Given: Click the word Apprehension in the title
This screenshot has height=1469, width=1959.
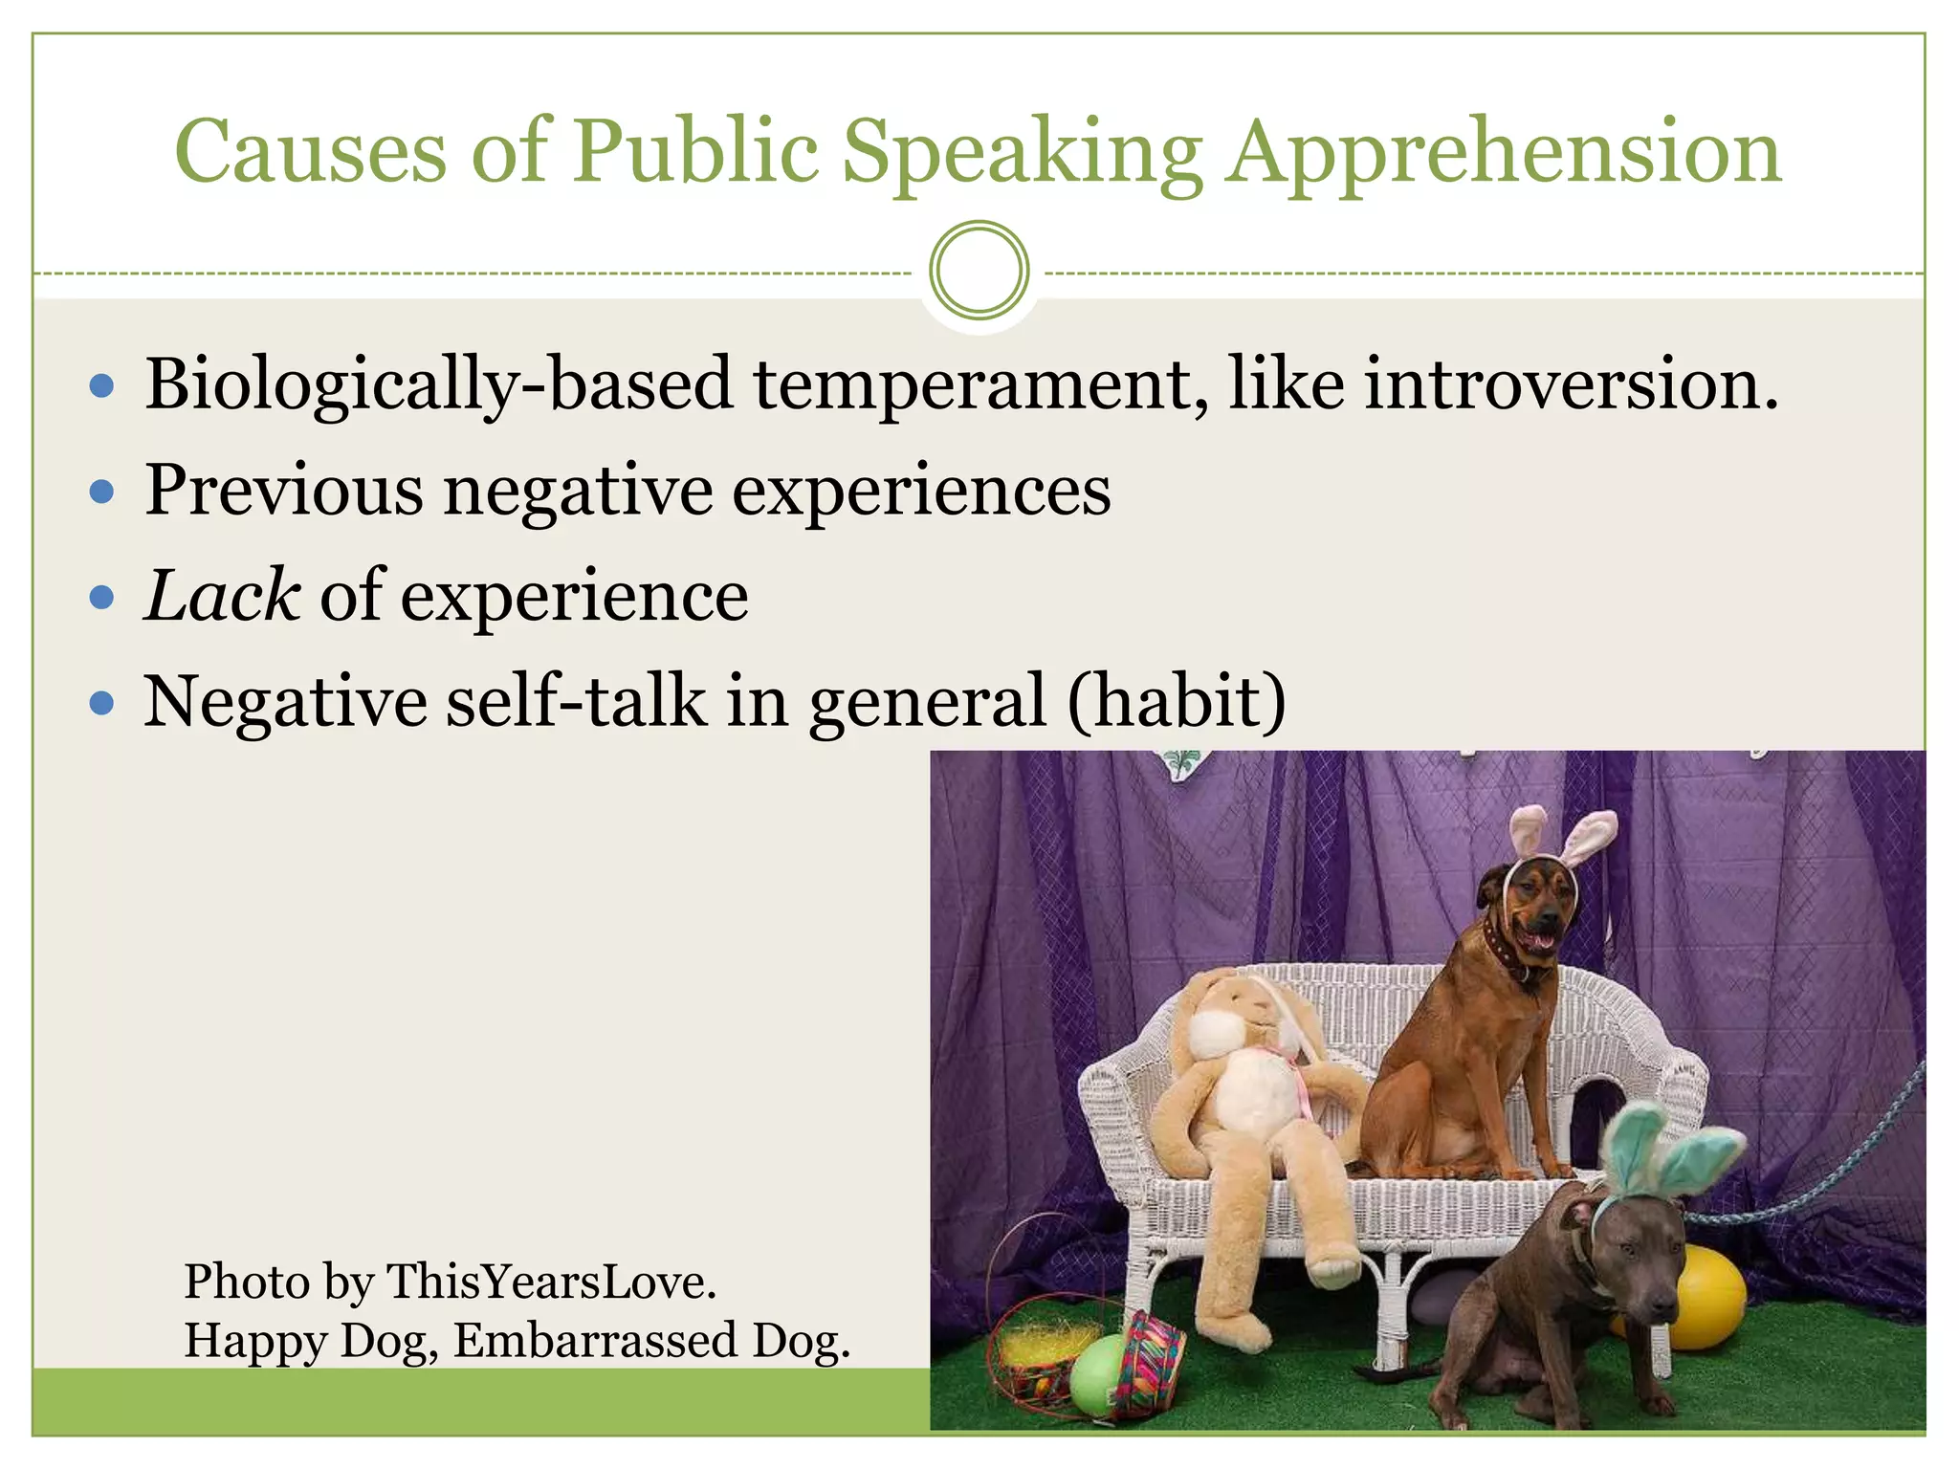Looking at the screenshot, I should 1504,153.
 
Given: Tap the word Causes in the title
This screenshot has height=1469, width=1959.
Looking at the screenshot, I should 311,153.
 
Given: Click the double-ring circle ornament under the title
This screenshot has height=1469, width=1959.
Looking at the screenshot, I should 979,271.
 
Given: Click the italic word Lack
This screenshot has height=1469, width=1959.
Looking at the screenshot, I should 223,596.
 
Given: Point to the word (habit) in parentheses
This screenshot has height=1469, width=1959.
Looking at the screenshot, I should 1177,701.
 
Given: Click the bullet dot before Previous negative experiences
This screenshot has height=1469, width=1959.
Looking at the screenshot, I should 101,493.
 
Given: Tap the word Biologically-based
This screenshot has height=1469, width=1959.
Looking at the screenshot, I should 439,384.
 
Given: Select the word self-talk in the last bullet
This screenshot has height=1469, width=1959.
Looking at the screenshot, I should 575,701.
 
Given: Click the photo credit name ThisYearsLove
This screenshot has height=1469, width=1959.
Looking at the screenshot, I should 550,1282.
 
